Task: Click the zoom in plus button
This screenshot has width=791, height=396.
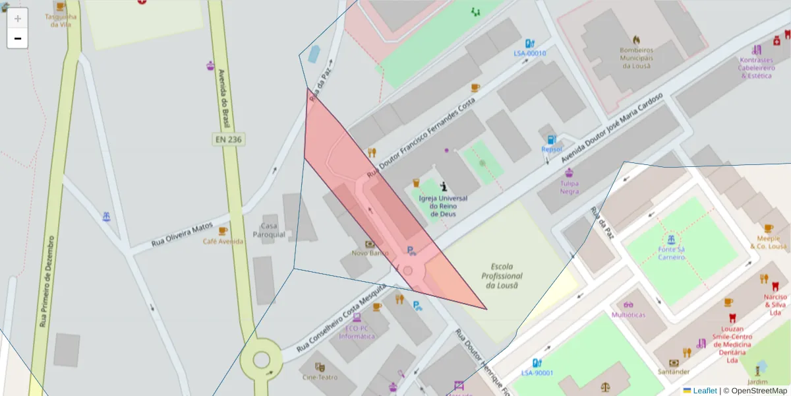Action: point(17,18)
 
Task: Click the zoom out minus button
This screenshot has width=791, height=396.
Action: point(17,38)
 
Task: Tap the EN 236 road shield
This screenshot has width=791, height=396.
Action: point(228,139)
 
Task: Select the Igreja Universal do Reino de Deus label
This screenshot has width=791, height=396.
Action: point(443,206)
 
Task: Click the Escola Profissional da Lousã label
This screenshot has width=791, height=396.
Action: point(502,276)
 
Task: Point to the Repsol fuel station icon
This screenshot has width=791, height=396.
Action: point(552,139)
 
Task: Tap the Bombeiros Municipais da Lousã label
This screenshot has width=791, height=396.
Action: point(635,57)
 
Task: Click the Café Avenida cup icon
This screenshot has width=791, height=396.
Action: point(223,231)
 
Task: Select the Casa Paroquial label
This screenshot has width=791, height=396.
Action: point(269,226)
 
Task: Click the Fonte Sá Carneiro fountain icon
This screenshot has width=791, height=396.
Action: point(670,239)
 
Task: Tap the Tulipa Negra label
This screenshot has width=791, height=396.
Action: point(570,187)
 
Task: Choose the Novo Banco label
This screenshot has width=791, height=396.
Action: point(370,253)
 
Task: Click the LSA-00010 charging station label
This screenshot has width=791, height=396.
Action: point(530,53)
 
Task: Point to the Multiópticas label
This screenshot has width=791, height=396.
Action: point(628,315)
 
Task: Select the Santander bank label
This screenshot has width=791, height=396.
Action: point(673,372)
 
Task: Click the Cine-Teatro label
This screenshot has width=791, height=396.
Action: point(320,378)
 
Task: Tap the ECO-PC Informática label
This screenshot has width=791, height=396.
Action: point(357,332)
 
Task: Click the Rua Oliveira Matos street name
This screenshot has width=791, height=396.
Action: point(183,234)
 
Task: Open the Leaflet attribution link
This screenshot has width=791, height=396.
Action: point(704,391)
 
